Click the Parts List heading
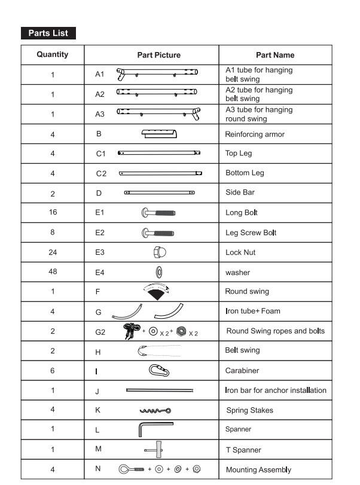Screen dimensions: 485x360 tap(48, 33)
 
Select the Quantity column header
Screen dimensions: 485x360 tap(53, 54)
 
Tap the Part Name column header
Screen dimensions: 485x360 tap(275, 55)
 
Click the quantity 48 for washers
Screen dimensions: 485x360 tap(53, 272)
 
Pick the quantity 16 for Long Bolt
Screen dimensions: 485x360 tap(53, 212)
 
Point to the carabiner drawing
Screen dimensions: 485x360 tap(159, 371)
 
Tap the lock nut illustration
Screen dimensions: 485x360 tap(159, 252)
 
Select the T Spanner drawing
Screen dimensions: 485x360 tap(158, 450)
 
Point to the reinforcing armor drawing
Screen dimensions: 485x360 tap(159, 133)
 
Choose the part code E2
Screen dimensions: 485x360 tap(100, 233)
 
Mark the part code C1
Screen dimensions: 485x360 tap(101, 154)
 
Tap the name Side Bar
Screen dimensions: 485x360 tap(241, 193)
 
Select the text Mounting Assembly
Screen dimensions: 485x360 tap(258, 469)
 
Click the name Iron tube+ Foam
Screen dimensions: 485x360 tap(252, 311)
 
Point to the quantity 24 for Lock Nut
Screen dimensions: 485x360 tap(53, 252)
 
